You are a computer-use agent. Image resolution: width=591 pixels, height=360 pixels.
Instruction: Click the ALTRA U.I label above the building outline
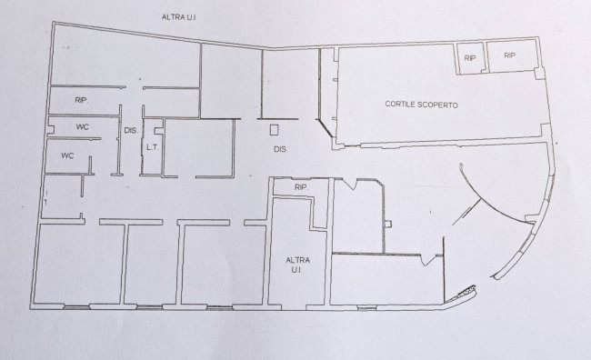[x=178, y=17]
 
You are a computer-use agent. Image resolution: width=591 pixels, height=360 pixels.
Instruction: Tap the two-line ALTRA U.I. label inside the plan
[x=297, y=265]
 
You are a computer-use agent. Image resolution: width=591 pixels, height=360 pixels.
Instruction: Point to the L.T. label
[x=152, y=147]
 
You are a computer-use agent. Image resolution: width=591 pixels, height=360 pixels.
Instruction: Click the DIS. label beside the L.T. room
[x=131, y=130]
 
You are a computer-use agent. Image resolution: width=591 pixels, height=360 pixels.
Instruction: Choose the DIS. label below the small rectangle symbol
[x=280, y=149]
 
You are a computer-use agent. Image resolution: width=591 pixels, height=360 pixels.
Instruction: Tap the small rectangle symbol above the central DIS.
[x=274, y=130]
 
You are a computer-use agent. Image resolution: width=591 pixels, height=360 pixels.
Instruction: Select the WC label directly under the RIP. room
[x=83, y=126]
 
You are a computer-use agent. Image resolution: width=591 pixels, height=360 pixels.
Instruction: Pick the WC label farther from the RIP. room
[x=67, y=155]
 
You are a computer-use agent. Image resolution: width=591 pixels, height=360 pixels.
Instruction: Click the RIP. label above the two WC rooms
[x=82, y=100]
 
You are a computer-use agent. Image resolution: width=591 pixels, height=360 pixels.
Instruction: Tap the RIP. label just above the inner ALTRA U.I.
[x=301, y=187]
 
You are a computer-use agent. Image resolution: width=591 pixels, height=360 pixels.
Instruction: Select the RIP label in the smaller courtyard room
[x=470, y=58]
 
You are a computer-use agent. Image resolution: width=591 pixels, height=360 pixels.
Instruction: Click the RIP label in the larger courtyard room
[x=509, y=55]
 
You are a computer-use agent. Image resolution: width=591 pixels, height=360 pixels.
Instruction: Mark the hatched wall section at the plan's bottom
[x=461, y=294]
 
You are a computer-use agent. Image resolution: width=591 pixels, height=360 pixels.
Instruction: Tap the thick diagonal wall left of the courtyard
[x=326, y=128]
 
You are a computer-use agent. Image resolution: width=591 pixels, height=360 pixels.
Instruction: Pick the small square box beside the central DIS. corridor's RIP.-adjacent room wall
[x=388, y=225]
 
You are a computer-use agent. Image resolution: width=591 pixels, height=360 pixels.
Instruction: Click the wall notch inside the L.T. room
[x=159, y=127]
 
